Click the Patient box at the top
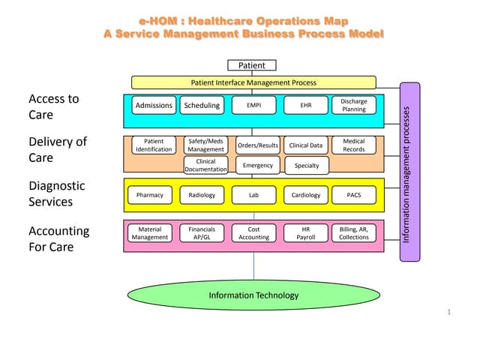[x=251, y=65]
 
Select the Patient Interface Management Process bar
[x=253, y=82]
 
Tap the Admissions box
[x=154, y=106]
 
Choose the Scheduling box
[x=202, y=106]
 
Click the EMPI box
[x=253, y=106]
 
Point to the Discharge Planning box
[x=354, y=105]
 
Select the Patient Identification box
[x=154, y=145]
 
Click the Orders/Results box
[x=257, y=145]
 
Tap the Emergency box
[x=257, y=165]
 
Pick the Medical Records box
[x=354, y=145]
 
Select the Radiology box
[x=202, y=195]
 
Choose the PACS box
[x=354, y=195]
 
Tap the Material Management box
[x=150, y=233]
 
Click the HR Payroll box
[x=306, y=233]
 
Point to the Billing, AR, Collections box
[x=354, y=233]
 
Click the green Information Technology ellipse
[x=253, y=295]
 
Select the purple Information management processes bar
[x=407, y=172]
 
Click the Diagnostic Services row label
[x=57, y=193]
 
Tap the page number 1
[x=448, y=312]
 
